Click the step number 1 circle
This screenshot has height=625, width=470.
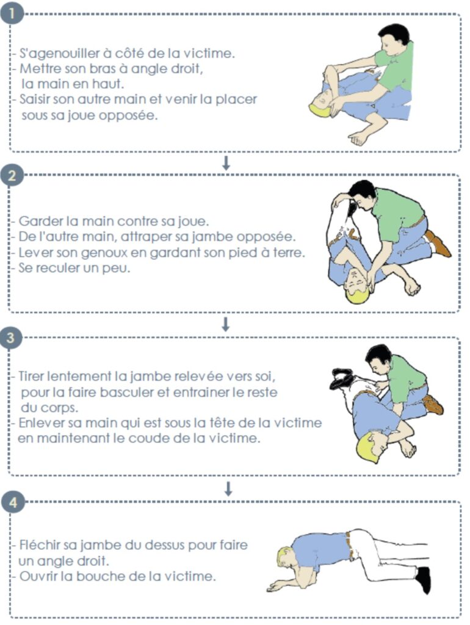pyautogui.click(x=12, y=13)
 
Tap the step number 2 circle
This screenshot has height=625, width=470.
pyautogui.click(x=12, y=175)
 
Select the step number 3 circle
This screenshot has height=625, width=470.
pyautogui.click(x=11, y=338)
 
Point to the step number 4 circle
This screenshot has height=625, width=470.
pyautogui.click(x=13, y=502)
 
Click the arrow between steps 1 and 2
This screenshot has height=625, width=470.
pyautogui.click(x=226, y=163)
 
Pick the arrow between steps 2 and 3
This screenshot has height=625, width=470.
pyautogui.click(x=226, y=325)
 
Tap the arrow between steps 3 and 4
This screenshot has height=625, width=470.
pyautogui.click(x=228, y=489)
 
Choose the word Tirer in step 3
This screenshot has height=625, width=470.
pyautogui.click(x=32, y=376)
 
